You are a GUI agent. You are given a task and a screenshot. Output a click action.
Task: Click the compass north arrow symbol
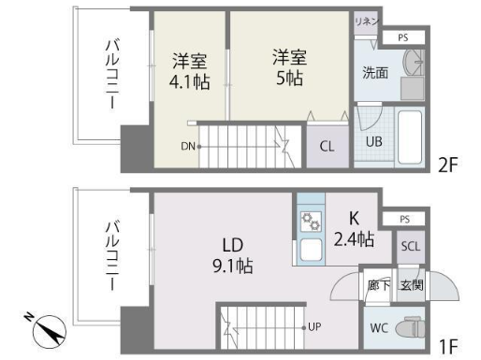click(x=50, y=331)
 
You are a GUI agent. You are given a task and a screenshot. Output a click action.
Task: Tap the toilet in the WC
click(x=410, y=327)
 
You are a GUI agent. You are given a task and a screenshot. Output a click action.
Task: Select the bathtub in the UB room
click(x=410, y=137)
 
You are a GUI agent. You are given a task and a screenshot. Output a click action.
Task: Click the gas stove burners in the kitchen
click(x=311, y=222)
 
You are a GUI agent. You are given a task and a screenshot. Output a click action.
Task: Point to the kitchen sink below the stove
click(x=311, y=250)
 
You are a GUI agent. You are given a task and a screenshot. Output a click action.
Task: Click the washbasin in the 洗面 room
click(x=414, y=62)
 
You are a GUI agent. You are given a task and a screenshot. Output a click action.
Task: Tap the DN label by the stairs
click(x=188, y=146)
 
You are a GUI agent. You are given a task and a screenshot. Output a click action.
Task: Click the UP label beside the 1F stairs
click(x=314, y=326)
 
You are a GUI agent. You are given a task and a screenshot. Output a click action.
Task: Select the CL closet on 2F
click(x=328, y=146)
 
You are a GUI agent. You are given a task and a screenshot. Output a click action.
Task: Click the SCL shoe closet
click(x=411, y=247)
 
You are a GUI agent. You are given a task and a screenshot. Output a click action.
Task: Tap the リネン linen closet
click(x=366, y=22)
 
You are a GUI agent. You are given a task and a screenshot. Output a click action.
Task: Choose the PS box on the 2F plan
click(x=403, y=37)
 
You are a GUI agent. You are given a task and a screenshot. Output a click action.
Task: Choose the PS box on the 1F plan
click(x=404, y=219)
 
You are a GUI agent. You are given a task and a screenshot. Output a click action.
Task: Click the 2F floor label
click(x=447, y=166)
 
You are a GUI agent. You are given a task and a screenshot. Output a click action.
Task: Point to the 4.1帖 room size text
click(x=189, y=82)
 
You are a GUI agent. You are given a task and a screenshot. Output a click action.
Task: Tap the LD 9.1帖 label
click(x=233, y=255)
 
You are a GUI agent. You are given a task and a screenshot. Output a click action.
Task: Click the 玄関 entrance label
click(x=412, y=285)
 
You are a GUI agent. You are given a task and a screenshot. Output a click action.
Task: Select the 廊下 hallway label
click(x=379, y=285)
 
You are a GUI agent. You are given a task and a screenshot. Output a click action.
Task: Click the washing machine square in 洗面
click(x=413, y=89)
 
